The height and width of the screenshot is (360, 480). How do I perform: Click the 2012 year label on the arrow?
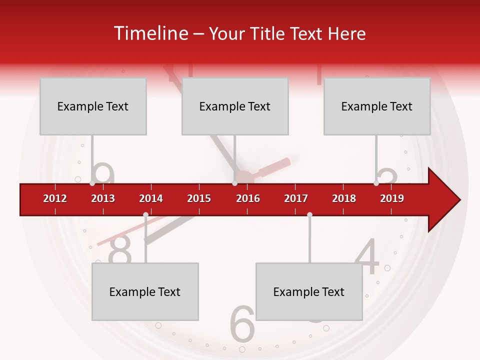[55, 198]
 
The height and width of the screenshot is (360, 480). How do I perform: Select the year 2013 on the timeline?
[103, 198]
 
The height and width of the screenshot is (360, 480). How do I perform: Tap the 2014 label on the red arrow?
[151, 198]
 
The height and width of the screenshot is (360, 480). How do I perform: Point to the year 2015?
[199, 198]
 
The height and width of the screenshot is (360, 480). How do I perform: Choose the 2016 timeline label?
[248, 198]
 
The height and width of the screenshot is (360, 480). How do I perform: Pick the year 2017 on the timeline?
[296, 198]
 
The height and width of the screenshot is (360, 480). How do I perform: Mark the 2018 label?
[344, 198]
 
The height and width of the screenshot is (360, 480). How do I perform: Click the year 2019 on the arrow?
[392, 198]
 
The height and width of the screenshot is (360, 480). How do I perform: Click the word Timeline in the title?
[150, 33]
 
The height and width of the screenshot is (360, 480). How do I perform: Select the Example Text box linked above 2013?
[93, 106]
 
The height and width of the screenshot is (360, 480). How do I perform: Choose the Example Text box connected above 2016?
[235, 106]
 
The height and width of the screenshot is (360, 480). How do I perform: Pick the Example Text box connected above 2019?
[377, 106]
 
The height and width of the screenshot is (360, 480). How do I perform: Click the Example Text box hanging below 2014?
[145, 291]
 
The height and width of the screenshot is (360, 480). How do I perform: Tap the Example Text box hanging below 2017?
[309, 291]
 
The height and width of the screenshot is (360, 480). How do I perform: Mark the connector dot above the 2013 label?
[92, 183]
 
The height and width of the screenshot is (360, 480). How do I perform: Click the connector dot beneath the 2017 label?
[309, 214]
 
